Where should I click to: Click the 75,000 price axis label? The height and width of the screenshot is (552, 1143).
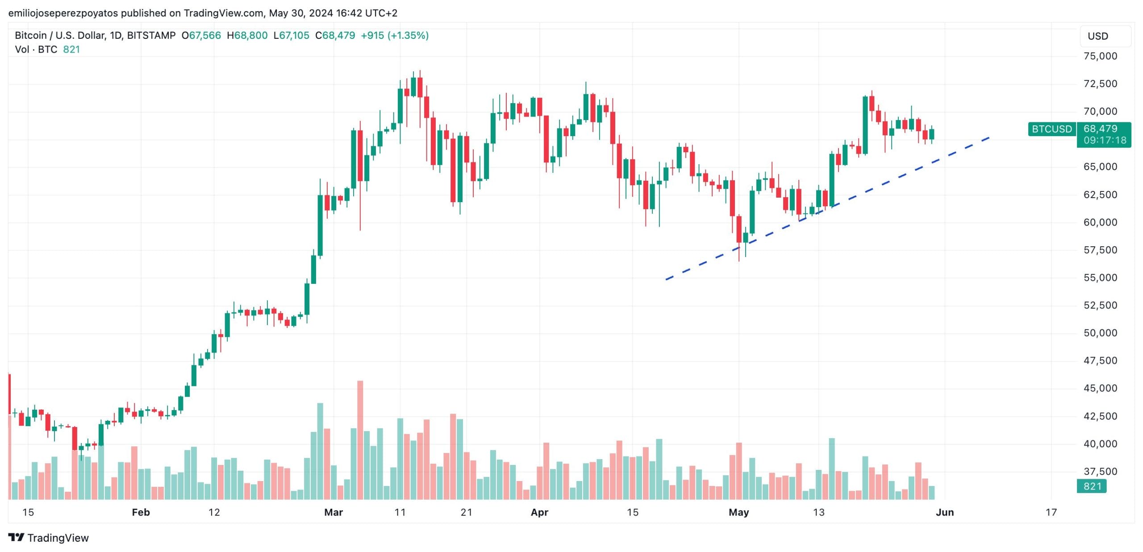(x=1100, y=56)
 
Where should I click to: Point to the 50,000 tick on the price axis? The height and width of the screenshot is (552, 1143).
(x=1100, y=333)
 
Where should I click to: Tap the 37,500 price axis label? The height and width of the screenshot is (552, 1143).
(x=1100, y=471)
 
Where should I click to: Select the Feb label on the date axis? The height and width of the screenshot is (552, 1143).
(x=141, y=512)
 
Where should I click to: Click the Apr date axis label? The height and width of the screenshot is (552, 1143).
(x=539, y=512)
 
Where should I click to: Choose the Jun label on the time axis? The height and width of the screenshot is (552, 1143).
(x=945, y=512)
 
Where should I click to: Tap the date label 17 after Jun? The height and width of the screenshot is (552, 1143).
(x=1051, y=512)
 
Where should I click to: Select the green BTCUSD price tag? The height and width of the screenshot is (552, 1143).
(x=1051, y=129)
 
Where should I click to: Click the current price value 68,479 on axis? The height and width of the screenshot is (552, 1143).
(x=1100, y=129)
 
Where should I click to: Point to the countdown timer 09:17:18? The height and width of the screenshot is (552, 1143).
(x=1105, y=140)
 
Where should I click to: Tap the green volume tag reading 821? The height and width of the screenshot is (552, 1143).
(x=1092, y=486)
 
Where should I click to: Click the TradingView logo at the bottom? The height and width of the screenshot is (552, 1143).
(x=49, y=538)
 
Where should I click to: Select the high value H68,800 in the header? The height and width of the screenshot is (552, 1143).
(x=247, y=35)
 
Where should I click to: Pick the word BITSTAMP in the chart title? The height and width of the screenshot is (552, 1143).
(x=151, y=35)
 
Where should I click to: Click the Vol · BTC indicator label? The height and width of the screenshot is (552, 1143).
(x=36, y=50)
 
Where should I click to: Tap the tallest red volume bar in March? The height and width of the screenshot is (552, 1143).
(x=360, y=440)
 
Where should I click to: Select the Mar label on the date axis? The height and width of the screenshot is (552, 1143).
(x=334, y=512)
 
